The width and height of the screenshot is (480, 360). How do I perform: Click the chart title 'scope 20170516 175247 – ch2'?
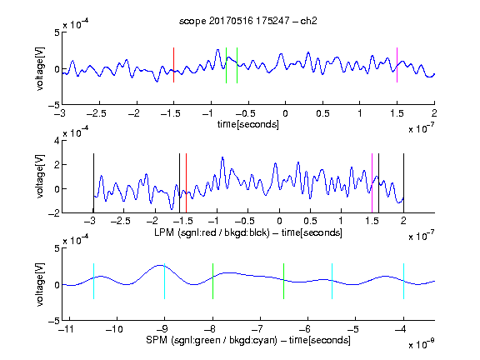tap(248, 21)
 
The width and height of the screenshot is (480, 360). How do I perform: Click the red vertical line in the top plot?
tap(173, 65)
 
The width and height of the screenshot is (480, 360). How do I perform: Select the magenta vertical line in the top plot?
tap(397, 65)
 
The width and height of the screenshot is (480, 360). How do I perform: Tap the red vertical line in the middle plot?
tap(186, 183)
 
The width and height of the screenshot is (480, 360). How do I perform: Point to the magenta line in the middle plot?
tap(372, 183)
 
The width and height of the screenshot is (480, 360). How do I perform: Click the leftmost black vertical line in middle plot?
tap(93, 183)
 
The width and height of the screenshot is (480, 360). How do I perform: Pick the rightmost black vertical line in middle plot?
tap(403, 183)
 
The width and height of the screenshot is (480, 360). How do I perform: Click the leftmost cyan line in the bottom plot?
tap(93, 281)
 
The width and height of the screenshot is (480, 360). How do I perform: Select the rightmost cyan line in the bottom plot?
tap(403, 281)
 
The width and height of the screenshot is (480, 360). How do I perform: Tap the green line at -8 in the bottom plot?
tap(212, 281)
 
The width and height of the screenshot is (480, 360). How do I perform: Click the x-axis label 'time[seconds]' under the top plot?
tap(248, 124)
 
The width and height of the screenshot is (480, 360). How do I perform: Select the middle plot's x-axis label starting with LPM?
tap(248, 232)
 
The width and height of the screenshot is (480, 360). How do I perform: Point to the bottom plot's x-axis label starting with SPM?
tap(248, 340)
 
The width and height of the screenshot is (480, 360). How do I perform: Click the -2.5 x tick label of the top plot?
tap(97, 113)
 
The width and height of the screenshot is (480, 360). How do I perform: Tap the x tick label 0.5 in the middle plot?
tap(310, 221)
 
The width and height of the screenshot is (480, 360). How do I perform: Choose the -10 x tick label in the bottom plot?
tap(114, 329)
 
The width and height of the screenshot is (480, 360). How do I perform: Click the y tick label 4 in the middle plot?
tap(57, 141)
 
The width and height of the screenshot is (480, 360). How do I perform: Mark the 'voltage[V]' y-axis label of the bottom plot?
tap(40, 284)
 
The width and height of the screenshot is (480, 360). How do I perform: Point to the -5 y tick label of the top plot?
tap(54, 106)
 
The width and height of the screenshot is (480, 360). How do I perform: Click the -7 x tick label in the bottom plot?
tap(257, 329)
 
